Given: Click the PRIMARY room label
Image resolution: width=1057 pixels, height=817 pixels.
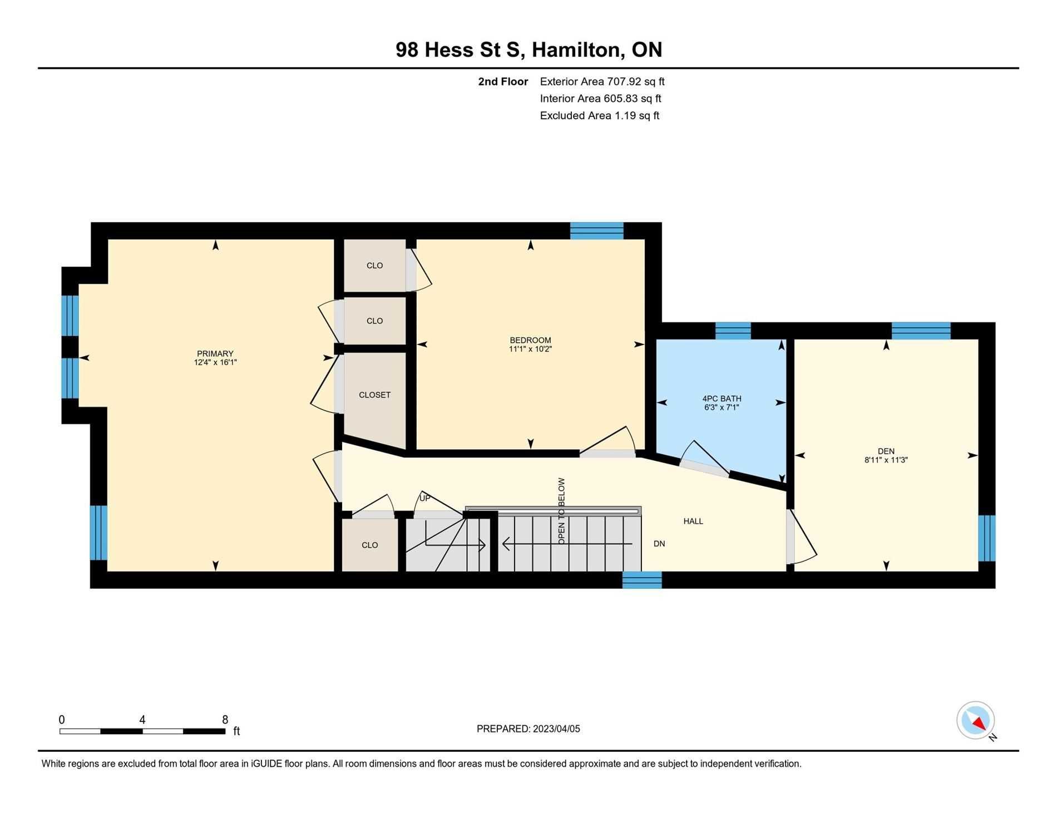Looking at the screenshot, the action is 215,353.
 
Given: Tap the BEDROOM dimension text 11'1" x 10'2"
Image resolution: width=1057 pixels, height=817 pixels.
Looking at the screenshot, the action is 530,349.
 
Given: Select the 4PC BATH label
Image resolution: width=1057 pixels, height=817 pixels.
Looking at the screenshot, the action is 722,398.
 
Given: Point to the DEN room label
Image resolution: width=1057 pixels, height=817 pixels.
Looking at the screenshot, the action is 886,451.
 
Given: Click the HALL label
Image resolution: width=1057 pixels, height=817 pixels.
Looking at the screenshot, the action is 693,521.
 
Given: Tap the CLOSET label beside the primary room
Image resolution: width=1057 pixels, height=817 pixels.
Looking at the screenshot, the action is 374,395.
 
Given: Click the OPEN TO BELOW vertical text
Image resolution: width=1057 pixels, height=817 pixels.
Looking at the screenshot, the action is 561,511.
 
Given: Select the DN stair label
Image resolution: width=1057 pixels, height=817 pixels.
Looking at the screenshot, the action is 659,544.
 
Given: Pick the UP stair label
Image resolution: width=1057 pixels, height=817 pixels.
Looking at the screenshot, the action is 424,498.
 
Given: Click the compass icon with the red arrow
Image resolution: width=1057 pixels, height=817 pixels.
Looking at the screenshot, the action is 976,720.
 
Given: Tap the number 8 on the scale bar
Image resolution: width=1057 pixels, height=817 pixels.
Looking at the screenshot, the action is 225,720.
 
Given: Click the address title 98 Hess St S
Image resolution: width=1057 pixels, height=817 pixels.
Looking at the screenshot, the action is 459,50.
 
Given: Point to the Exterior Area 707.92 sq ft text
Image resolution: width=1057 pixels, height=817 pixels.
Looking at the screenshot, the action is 602,82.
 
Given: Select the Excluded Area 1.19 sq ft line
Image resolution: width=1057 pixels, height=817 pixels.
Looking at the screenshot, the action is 600,116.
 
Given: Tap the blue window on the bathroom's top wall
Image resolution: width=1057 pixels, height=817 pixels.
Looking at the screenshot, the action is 733,331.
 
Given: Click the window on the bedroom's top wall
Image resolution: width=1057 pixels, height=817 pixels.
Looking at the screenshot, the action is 597,231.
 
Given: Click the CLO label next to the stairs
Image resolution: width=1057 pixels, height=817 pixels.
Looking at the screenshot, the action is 370,545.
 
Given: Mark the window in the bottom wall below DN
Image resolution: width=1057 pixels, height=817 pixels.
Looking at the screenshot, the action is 642,580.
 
